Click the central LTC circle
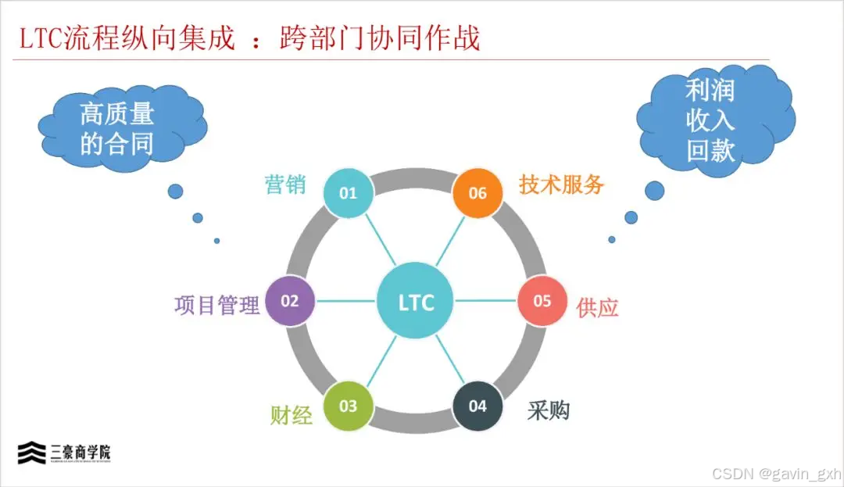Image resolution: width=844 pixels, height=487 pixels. click(416, 302)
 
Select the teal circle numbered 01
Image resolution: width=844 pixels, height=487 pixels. click(348, 192)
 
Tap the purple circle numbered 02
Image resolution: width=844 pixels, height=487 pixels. click(290, 301)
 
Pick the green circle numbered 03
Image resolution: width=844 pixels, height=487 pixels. click(348, 406)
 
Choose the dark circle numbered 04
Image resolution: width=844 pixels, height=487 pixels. click(477, 406)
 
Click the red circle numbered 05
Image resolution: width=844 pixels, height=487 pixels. click(542, 301)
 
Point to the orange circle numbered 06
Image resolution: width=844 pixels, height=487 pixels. click(477, 192)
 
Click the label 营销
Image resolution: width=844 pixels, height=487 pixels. click(285, 185)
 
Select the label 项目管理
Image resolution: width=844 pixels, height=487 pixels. click(216, 304)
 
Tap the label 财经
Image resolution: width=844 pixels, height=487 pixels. click(291, 414)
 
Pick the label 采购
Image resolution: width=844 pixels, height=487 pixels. click(549, 410)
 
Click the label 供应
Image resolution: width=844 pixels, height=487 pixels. click(597, 307)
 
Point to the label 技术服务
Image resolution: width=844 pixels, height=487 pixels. click(562, 184)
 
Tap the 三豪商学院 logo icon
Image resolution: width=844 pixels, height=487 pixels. click(32, 453)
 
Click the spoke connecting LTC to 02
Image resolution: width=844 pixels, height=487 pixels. click(346, 301)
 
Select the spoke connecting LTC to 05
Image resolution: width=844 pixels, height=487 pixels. click(486, 301)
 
